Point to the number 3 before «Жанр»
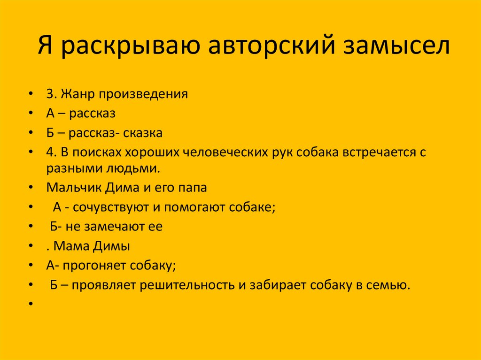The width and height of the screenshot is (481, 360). coord(49,94)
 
